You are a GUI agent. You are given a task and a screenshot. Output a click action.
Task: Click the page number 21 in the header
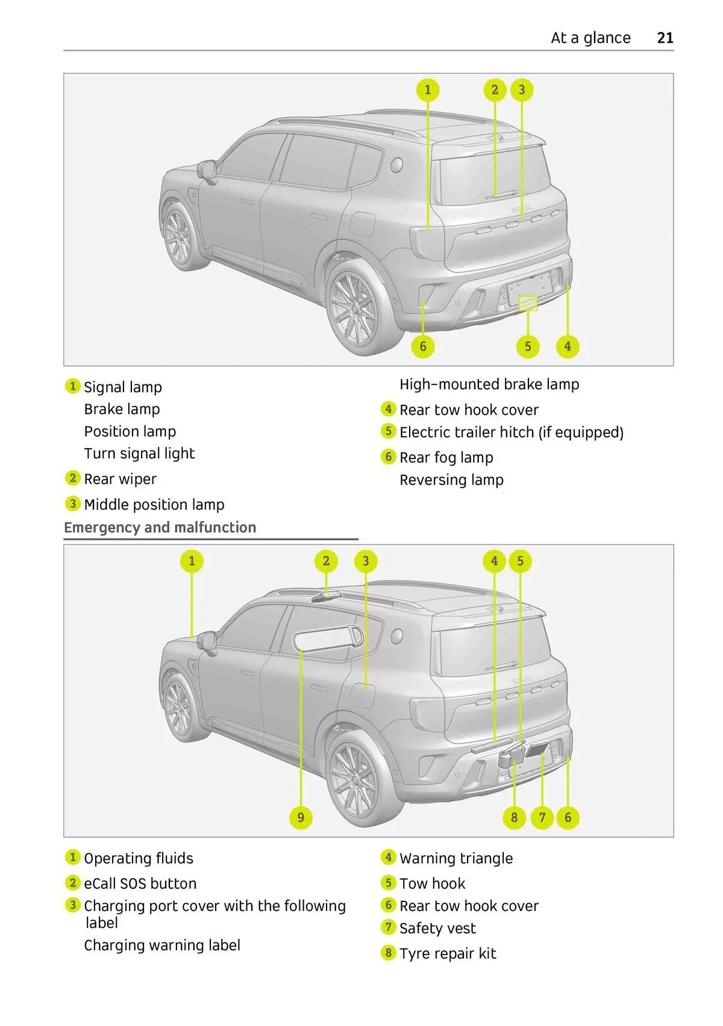tap(665, 38)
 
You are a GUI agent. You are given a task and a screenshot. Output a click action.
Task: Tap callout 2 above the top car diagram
tap(495, 90)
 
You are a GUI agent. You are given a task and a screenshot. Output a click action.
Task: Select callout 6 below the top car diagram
tap(423, 346)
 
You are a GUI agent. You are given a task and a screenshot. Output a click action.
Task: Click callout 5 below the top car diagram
tap(528, 346)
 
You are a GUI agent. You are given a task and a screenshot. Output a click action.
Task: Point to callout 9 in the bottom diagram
tap(301, 818)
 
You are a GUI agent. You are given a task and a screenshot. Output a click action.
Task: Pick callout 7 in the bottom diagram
tap(542, 818)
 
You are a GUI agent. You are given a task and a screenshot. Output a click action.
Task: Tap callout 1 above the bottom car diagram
tap(192, 561)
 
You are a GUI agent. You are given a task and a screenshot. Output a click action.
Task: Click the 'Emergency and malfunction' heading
tap(160, 528)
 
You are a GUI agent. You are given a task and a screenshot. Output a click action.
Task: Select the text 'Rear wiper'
tap(120, 480)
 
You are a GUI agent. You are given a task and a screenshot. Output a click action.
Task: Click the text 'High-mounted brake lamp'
tap(489, 384)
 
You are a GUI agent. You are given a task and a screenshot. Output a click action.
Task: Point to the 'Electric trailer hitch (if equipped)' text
tap(512, 433)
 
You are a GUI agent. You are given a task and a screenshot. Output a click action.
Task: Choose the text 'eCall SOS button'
tap(140, 884)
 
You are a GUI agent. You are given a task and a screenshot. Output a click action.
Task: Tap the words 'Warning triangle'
tap(456, 859)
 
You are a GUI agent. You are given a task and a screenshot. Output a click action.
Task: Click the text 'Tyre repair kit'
tap(448, 954)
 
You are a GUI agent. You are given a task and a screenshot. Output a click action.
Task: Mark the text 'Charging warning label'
tap(162, 946)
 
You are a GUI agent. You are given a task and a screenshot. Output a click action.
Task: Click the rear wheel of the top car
tap(355, 307)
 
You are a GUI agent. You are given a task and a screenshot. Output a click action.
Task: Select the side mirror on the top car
tap(207, 170)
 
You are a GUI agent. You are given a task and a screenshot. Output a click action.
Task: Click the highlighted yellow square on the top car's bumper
tap(528, 303)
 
